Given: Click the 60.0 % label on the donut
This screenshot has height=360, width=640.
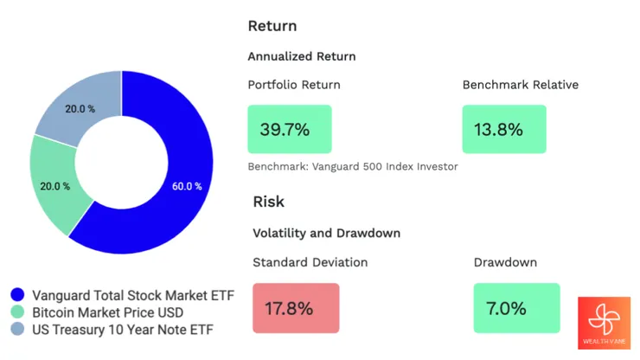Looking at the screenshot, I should (186, 186).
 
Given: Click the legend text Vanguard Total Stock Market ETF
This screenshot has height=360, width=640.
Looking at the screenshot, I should (133, 295).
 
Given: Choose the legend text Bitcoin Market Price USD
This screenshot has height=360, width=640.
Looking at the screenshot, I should (119, 312).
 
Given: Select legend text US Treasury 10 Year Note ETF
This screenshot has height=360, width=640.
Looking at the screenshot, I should (122, 329).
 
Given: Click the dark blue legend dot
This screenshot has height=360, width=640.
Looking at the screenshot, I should (17, 295).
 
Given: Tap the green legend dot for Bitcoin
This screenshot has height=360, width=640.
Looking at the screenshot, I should (17, 312).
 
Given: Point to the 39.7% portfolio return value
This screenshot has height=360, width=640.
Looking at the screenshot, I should (285, 130).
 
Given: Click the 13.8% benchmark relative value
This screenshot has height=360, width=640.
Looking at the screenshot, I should (499, 130).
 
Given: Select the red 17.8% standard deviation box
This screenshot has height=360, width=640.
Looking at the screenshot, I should (296, 308).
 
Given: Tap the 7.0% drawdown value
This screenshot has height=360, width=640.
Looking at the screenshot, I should (509, 308).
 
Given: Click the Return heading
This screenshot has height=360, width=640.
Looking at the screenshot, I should (272, 26).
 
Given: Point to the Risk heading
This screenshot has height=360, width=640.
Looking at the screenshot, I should (268, 202).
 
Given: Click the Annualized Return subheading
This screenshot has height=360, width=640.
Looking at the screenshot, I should (301, 56).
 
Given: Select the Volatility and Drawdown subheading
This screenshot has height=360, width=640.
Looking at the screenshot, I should (326, 233).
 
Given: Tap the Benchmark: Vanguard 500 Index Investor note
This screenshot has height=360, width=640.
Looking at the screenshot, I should (353, 166).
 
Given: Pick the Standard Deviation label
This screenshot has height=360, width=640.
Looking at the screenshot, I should (310, 261).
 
